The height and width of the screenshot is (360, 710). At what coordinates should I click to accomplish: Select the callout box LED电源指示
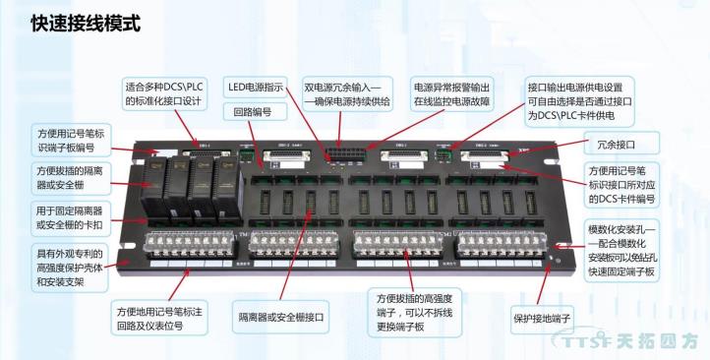coord(256,87)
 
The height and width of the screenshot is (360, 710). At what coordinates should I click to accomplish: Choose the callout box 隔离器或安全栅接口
coord(281,318)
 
